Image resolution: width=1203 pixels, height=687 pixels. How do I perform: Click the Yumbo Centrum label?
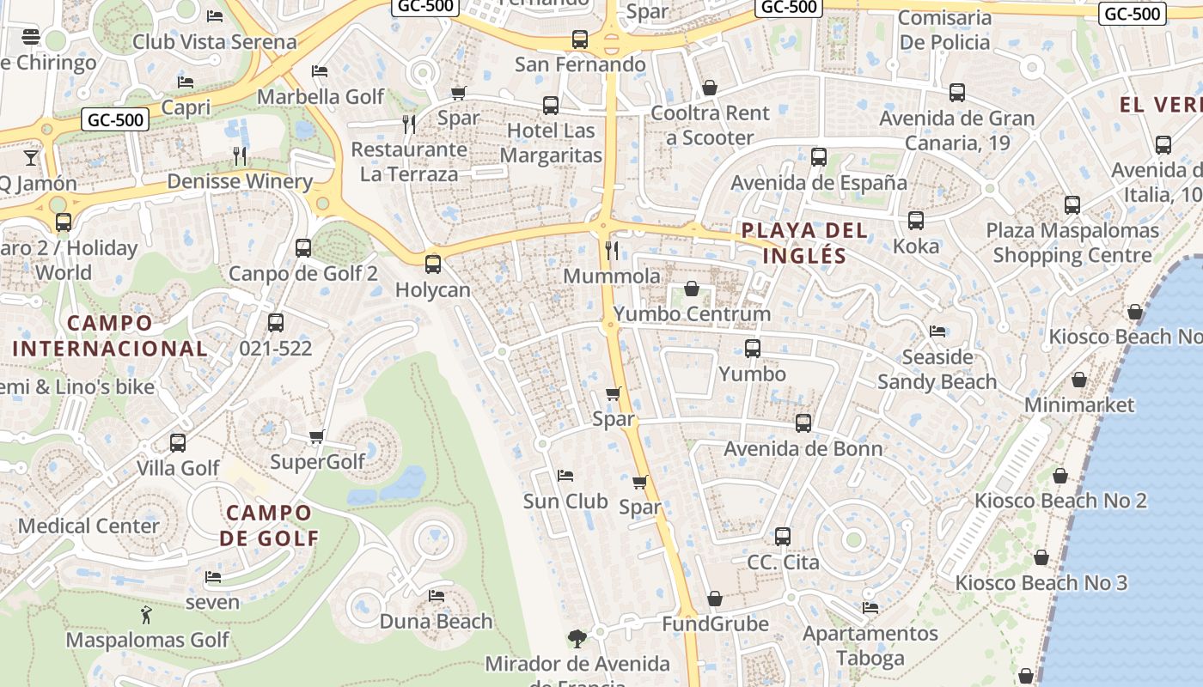click(x=692, y=314)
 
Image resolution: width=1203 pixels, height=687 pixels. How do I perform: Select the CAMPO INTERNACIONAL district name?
click(x=110, y=336)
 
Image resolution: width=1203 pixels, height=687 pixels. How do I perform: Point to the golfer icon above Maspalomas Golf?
click(x=146, y=615)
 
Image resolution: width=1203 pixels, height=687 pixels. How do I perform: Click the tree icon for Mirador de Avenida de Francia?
click(x=577, y=638)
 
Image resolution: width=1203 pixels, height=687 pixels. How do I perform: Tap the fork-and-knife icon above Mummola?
click(x=612, y=250)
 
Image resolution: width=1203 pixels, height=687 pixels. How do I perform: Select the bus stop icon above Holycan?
click(x=433, y=264)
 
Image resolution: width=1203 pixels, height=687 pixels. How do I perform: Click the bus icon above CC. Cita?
click(x=783, y=537)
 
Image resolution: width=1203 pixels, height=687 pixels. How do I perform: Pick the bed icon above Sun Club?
click(x=565, y=475)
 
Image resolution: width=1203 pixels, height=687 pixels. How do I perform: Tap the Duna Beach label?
click(x=436, y=621)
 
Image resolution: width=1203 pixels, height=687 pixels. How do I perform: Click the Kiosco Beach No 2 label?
click(x=1060, y=501)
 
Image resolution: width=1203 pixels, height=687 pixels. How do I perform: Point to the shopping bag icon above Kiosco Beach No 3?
click(x=1041, y=558)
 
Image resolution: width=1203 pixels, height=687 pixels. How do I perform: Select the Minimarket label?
click(x=1079, y=404)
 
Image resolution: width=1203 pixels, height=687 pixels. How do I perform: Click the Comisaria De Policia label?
click(x=944, y=29)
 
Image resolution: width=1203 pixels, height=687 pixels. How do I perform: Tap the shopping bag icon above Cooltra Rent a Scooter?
click(x=710, y=88)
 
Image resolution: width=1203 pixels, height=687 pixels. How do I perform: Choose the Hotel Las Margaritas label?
click(x=551, y=143)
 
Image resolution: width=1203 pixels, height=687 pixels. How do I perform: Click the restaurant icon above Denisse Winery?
click(x=240, y=155)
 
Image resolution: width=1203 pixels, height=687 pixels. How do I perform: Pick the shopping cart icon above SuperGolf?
click(x=317, y=437)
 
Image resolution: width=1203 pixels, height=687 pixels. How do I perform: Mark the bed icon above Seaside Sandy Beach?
click(x=937, y=331)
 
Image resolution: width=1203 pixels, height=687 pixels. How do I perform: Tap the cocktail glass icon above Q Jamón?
click(x=31, y=157)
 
